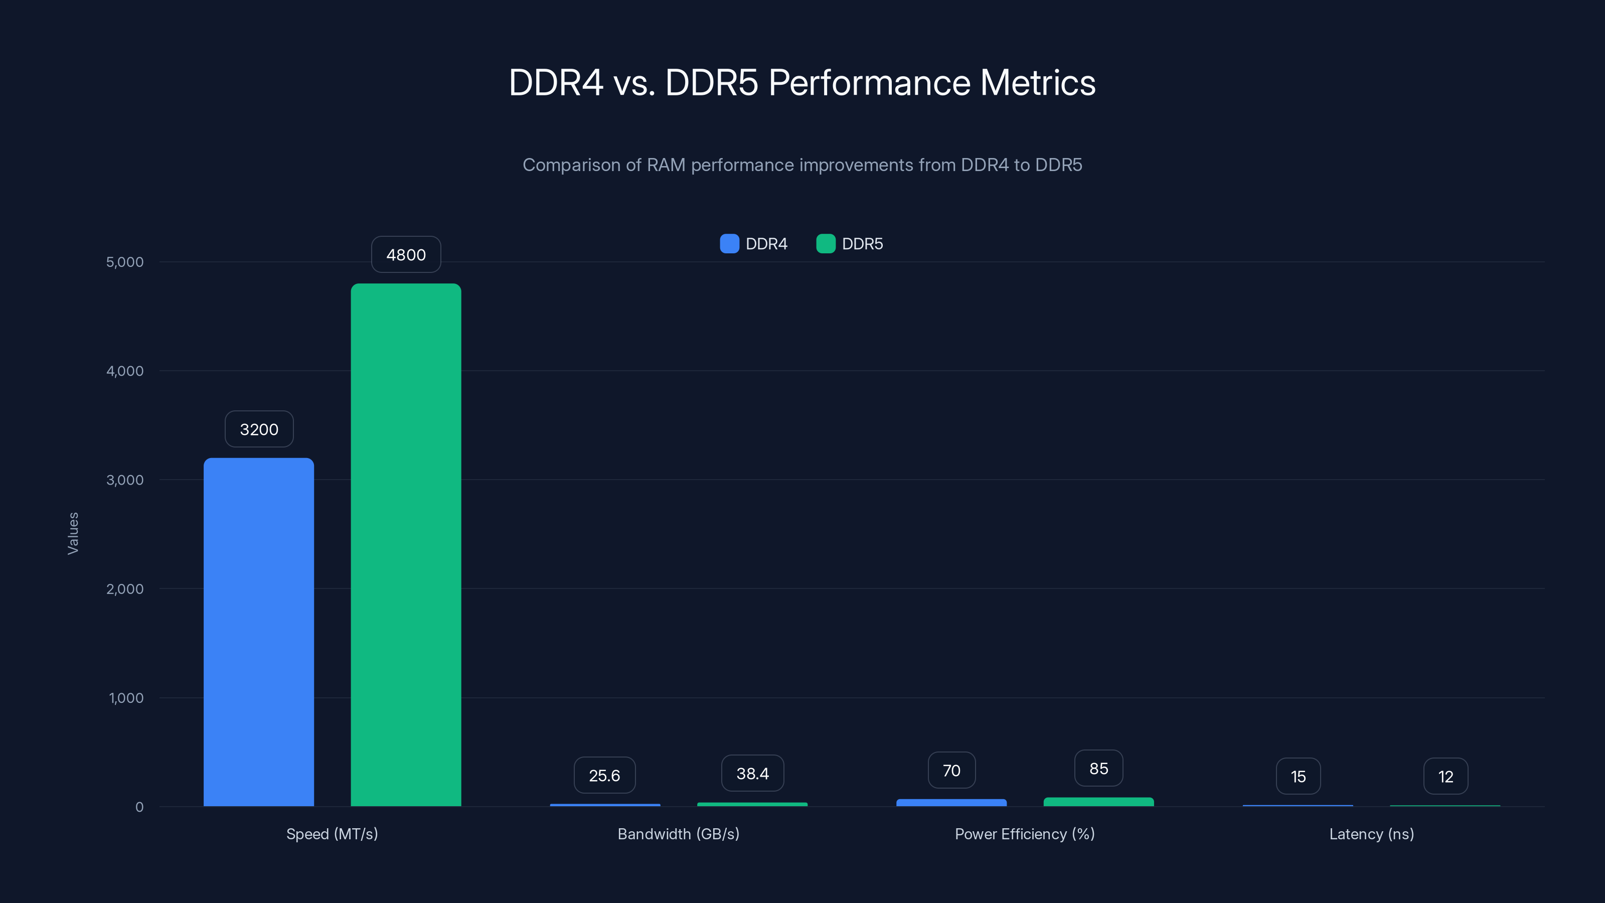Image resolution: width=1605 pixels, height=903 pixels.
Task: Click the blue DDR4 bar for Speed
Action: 259,632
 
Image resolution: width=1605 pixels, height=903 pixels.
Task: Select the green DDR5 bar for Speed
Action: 406,545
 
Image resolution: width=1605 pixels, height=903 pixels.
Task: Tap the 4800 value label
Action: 406,254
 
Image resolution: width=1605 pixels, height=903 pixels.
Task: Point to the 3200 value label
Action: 259,429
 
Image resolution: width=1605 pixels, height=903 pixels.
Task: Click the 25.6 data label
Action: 604,775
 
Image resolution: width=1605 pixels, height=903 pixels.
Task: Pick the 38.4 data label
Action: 752,774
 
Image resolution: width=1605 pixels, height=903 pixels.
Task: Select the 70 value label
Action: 951,770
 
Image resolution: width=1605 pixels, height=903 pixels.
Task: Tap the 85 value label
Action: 1098,769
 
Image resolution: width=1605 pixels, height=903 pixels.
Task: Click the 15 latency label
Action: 1298,777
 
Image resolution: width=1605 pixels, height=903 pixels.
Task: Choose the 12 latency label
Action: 1446,777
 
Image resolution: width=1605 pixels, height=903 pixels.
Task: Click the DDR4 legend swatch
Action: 729,244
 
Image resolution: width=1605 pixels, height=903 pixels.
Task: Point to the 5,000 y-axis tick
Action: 124,262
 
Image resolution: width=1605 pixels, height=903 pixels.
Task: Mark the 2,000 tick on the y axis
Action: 124,589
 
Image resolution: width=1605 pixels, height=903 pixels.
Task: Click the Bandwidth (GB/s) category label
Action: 678,834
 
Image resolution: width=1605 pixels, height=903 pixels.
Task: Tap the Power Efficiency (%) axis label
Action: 1024,834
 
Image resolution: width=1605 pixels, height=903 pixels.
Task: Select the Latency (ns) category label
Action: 1371,834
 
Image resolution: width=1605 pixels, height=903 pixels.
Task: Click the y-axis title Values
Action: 73,533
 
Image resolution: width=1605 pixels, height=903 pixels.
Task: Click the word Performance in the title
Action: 869,83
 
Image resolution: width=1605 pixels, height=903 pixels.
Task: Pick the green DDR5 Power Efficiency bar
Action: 1098,802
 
